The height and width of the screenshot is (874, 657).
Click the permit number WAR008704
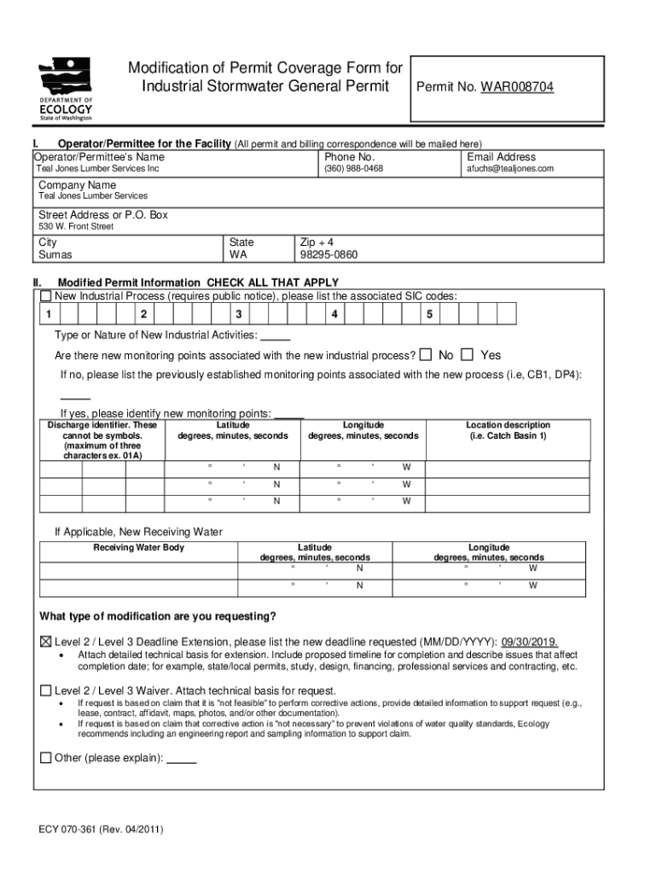(x=517, y=87)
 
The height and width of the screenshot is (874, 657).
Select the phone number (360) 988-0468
(x=353, y=169)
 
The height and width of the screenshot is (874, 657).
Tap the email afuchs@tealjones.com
(x=509, y=169)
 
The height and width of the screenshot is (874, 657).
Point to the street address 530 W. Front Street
(x=76, y=226)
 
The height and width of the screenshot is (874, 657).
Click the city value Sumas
(x=55, y=254)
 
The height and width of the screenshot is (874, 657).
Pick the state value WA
(x=238, y=254)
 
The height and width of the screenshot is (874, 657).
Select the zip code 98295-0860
(x=328, y=254)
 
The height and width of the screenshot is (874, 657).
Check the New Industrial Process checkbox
(x=46, y=296)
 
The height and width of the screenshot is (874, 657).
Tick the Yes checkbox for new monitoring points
(x=467, y=354)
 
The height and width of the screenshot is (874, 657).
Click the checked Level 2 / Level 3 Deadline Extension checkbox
(x=46, y=642)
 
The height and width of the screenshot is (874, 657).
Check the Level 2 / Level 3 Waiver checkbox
(x=46, y=690)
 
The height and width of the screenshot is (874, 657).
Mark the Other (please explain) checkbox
(x=46, y=757)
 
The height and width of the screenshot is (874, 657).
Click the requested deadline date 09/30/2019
(x=529, y=642)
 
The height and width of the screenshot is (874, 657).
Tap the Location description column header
(x=508, y=430)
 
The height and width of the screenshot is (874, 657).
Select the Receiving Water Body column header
(x=138, y=547)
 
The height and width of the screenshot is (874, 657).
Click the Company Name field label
(x=77, y=185)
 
